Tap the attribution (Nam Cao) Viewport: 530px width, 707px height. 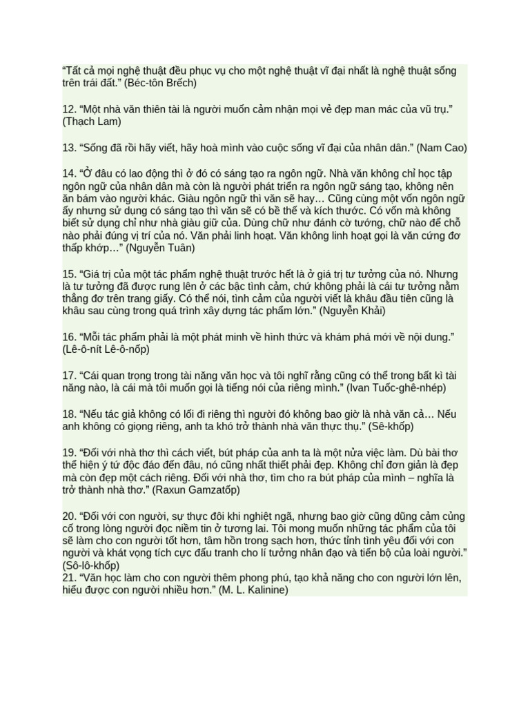pos(435,148)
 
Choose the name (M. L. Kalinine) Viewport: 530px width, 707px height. pos(253,590)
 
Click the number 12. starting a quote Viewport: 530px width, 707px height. pos(69,109)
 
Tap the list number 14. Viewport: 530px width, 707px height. pos(69,173)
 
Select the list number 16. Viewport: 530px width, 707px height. pos(69,337)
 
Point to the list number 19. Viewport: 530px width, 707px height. pos(69,452)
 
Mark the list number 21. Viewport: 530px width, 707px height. pos(69,577)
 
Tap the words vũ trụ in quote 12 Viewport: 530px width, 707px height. pos(429,109)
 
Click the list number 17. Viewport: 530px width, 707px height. pos(69,376)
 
